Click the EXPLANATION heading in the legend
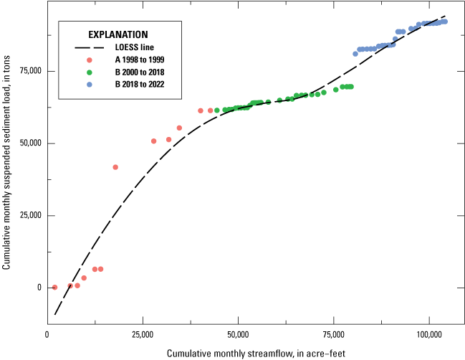(x=118, y=34)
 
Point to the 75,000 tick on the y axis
(x=28, y=71)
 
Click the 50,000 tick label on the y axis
(x=28, y=143)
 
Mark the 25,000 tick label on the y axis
(x=28, y=216)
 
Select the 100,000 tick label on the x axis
(x=428, y=334)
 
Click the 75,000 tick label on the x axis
(x=333, y=334)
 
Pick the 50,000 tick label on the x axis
(x=238, y=334)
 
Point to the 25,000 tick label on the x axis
(x=143, y=334)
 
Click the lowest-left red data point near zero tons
(x=54, y=287)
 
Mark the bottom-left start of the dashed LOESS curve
(x=55, y=314)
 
